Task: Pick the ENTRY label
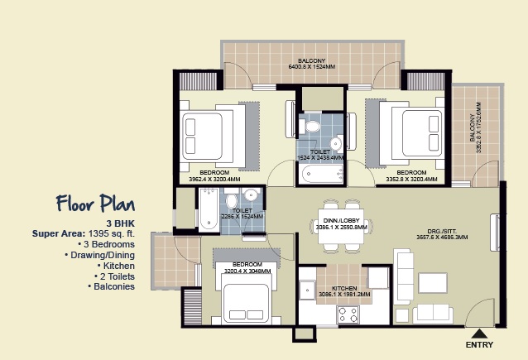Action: click(480, 343)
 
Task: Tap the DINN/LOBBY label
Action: click(343, 221)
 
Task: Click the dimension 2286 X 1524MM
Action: click(242, 217)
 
